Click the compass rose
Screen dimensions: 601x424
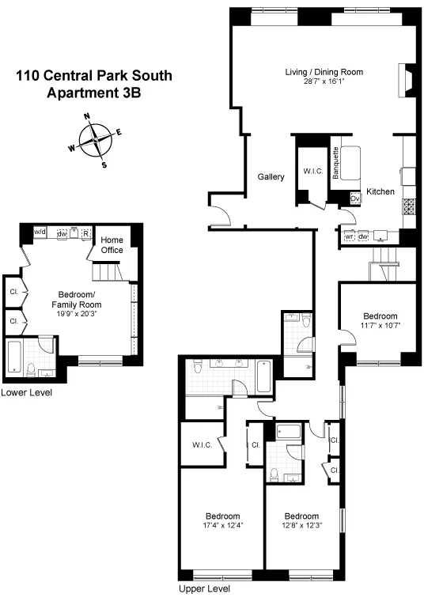click(95, 140)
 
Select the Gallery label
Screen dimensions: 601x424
click(271, 177)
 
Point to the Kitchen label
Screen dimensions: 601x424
click(380, 192)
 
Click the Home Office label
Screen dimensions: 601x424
click(112, 245)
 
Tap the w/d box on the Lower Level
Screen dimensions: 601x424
click(40, 232)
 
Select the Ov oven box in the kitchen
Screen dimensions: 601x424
click(354, 199)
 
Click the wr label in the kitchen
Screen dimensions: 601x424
click(348, 236)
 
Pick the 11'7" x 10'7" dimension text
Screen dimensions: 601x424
click(378, 325)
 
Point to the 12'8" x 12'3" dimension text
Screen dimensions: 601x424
click(301, 524)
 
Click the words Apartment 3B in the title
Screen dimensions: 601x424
click(94, 92)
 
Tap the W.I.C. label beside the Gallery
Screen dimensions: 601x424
click(312, 172)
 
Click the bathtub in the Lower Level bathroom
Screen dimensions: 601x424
click(16, 357)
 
